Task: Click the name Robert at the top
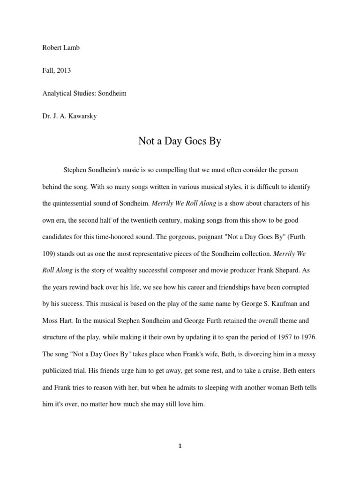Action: coord(52,48)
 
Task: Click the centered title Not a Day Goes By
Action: coord(180,141)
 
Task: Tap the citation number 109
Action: coord(48,254)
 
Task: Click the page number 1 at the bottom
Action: coord(180,446)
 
